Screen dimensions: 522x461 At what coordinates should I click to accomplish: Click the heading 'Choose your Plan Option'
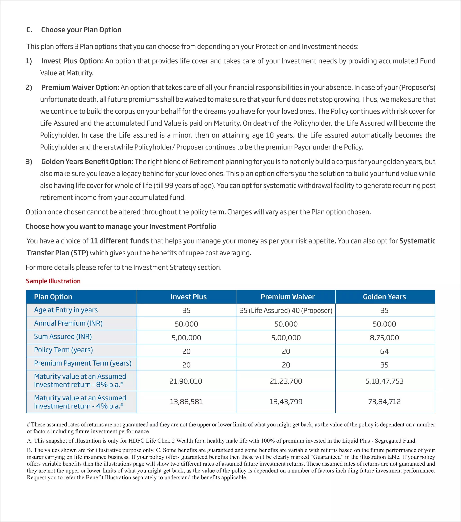81,30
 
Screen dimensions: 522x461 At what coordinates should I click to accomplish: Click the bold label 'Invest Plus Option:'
72,61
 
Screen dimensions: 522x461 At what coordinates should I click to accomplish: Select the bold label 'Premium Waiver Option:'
80,87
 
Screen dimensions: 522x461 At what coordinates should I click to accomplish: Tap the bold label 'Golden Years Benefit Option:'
87,162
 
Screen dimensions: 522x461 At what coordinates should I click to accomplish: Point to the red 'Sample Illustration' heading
53,281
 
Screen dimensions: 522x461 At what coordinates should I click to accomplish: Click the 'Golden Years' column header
384,297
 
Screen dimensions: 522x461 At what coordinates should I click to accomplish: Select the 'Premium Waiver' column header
287,297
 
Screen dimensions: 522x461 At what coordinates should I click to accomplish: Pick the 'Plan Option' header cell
53,297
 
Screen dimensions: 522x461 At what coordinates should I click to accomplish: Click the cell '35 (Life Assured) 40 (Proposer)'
286,310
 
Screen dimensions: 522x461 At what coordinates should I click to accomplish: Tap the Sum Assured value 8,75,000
384,338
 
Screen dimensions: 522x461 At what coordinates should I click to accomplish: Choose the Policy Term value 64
384,351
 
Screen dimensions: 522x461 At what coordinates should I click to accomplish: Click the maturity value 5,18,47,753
384,381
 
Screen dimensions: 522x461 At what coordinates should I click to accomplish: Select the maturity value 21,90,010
186,381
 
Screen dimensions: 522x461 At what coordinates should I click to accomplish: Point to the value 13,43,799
286,402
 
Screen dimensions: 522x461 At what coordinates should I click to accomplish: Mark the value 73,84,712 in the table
384,402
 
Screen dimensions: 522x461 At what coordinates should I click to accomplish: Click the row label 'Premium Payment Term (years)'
83,363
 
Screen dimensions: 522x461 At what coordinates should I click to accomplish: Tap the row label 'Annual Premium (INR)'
68,323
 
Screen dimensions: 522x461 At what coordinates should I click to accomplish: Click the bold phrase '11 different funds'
119,241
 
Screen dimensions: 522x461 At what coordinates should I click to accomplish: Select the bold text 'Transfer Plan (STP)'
58,253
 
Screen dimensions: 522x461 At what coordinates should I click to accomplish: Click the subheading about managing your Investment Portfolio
121,227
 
